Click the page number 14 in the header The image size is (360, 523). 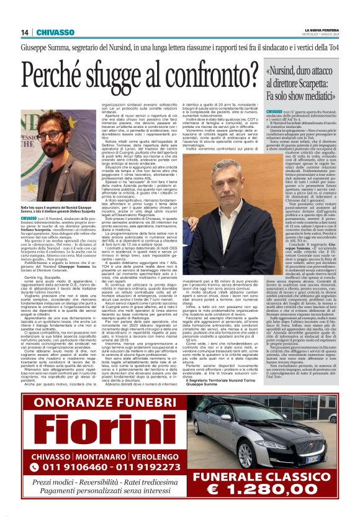click(25, 32)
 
